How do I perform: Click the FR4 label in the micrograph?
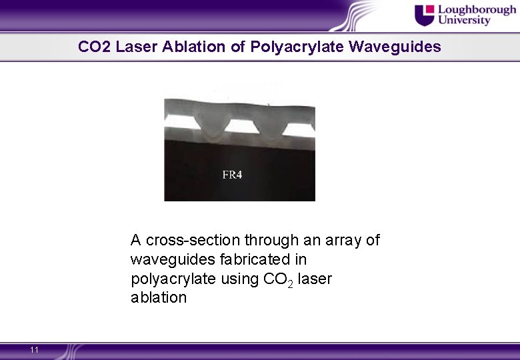click(231, 175)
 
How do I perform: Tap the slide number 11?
click(35, 350)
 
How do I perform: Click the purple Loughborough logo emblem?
click(424, 14)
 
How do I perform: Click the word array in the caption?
click(343, 240)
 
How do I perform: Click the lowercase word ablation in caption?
click(159, 297)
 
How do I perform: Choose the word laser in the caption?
click(315, 278)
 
